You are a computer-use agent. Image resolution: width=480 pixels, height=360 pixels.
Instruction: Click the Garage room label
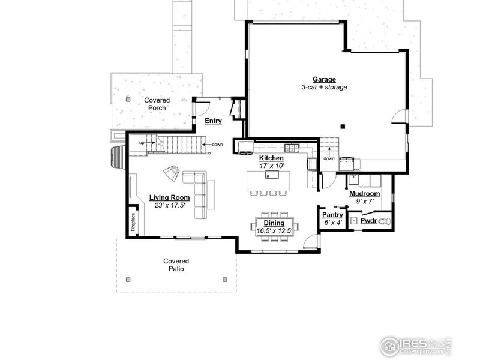coord(324,79)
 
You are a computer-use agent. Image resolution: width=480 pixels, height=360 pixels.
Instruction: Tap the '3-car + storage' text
coord(324,87)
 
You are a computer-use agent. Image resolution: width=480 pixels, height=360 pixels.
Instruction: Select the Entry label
coord(213,121)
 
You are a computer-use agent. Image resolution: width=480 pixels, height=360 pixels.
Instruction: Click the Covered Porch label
coord(157,104)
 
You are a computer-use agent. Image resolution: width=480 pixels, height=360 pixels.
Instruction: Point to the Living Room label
coord(169,197)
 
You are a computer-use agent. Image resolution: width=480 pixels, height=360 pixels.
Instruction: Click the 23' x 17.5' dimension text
coord(169,205)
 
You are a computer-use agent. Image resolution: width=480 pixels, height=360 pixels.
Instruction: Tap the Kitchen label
coord(271,158)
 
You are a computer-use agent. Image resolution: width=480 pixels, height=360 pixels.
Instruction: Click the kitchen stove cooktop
coord(292,146)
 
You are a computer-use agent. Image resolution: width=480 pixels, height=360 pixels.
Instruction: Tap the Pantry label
coord(332,215)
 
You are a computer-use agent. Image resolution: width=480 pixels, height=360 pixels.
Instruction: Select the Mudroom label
coord(364,194)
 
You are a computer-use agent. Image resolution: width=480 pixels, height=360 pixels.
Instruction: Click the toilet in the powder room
coord(387,221)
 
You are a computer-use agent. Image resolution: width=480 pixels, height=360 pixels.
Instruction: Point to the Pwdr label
coord(368,221)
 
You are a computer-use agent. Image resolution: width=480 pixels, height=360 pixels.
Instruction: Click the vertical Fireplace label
coord(133,221)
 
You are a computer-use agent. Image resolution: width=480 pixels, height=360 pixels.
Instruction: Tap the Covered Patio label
coord(176,265)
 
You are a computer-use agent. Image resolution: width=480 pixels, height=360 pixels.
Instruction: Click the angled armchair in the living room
coord(172,173)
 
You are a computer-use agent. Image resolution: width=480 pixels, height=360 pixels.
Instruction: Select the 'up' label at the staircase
coord(142,143)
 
